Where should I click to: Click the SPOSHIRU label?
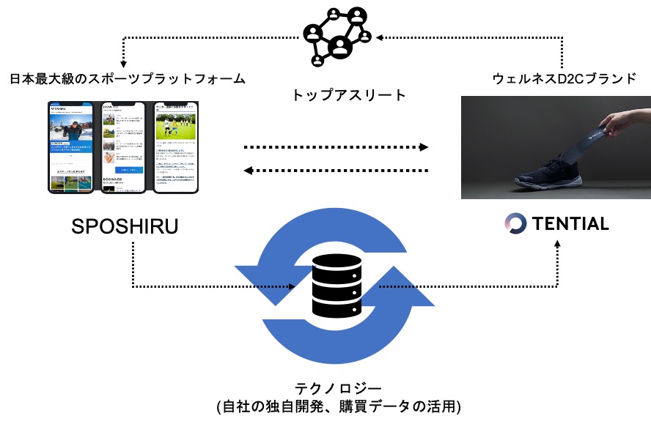tap(125, 226)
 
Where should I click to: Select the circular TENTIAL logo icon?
tap(517, 224)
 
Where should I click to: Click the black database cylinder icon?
tap(338, 286)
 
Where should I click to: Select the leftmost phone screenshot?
tap(72, 147)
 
